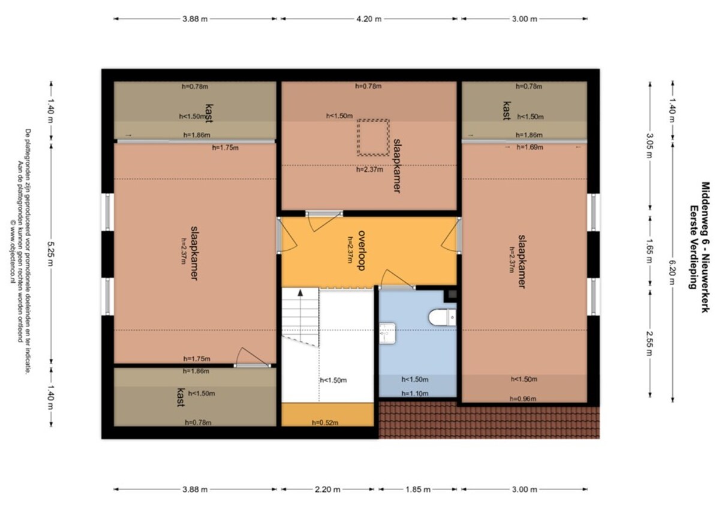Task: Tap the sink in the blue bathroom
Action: click(x=387, y=333)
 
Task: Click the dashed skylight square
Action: click(x=373, y=137)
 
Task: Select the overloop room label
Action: click(x=362, y=250)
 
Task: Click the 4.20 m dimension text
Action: click(x=369, y=19)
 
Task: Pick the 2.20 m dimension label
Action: click(x=327, y=489)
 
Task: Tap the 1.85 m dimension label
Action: click(x=418, y=489)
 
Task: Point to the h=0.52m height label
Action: click(x=324, y=422)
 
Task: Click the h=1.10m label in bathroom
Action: click(x=415, y=394)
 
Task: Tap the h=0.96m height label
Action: click(x=523, y=398)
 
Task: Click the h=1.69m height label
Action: click(x=530, y=147)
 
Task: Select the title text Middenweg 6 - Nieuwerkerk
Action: click(x=705, y=247)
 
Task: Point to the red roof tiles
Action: click(x=489, y=420)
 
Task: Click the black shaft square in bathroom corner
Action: click(x=451, y=295)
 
